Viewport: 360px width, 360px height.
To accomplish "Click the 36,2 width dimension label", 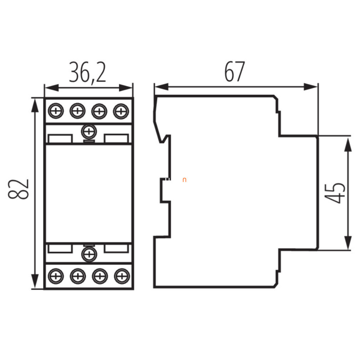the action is (87, 72).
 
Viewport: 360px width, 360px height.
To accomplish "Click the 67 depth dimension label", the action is (235, 71).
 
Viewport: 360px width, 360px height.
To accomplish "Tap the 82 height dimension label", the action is (19, 189).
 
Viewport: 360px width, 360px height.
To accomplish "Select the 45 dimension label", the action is (335, 193).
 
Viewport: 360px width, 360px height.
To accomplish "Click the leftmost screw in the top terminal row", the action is (56, 111).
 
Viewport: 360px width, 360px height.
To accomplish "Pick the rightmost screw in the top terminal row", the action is (121, 111).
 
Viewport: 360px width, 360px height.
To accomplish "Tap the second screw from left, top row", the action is (78, 111).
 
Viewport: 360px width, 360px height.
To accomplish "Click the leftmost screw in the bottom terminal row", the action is (56, 276).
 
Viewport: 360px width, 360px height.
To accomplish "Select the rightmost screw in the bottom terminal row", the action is (122, 276).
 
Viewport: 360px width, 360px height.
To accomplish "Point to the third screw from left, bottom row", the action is (100, 276).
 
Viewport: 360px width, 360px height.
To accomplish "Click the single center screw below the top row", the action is (89, 132).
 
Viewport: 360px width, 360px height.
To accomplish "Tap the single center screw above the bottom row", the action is (89, 254).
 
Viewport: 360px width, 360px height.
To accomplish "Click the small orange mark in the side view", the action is (184, 180).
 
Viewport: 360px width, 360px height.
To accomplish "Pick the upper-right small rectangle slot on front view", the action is (116, 139).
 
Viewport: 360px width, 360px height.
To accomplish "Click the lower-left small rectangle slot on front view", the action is (60, 248).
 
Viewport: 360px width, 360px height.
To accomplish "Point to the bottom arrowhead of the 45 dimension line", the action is (348, 243).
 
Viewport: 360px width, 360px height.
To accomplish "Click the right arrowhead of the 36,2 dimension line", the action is (126, 88).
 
